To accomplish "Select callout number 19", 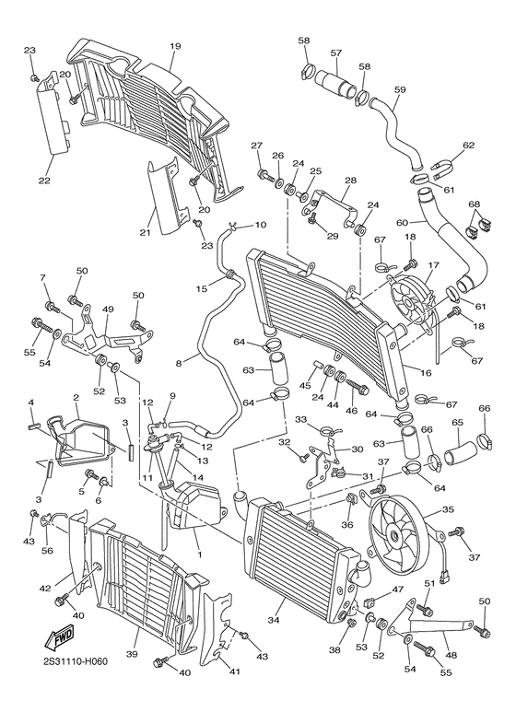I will [175, 47].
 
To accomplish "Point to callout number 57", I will [335, 53].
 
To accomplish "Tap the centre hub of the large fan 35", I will [397, 533].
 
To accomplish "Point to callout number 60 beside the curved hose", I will [402, 222].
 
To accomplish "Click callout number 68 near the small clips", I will [474, 204].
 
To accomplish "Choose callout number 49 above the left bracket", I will [107, 309].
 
